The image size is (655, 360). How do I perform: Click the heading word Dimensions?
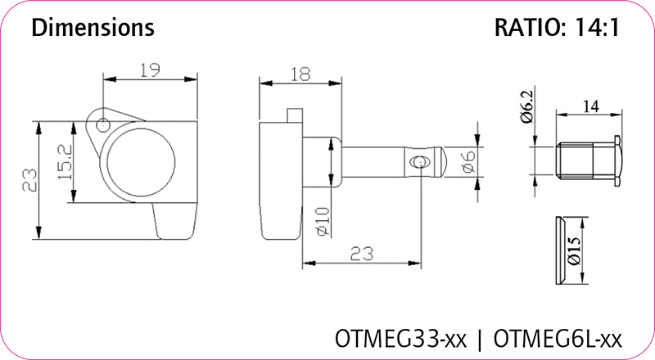[93, 28]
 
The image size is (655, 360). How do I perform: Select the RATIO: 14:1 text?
[557, 28]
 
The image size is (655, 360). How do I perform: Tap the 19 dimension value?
[149, 70]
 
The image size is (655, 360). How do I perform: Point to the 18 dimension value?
[300, 74]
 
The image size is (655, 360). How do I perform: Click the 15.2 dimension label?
[65, 162]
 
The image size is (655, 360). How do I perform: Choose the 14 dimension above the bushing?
[590, 107]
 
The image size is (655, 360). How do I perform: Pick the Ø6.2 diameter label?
[527, 107]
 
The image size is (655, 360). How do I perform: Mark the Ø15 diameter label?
[575, 251]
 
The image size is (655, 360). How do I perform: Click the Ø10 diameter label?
[323, 222]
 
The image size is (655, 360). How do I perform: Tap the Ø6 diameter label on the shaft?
[468, 162]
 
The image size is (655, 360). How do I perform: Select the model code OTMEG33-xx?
[400, 339]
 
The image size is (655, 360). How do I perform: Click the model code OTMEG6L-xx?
[558, 339]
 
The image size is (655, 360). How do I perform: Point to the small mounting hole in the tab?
[103, 124]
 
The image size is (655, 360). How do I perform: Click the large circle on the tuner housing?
[141, 163]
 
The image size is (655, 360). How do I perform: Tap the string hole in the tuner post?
[418, 162]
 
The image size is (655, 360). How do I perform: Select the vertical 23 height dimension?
[29, 180]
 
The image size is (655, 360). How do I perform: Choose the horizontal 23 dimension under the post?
[361, 254]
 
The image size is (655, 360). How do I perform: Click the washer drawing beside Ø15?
[561, 250]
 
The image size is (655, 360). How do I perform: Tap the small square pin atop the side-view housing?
[295, 115]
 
